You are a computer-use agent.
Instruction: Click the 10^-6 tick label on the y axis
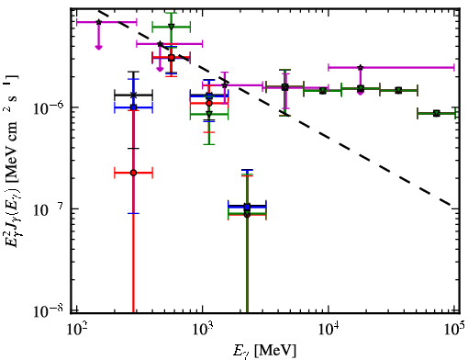pyautogui.click(x=48, y=107)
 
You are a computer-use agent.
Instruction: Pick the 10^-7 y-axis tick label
pyautogui.click(x=48, y=209)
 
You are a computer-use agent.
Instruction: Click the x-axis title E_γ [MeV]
pyautogui.click(x=265, y=351)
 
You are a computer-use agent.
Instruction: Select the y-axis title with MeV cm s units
pyautogui.click(x=12, y=163)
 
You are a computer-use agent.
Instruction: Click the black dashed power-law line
pyautogui.click(x=274, y=107)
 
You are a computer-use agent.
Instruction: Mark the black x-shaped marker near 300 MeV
pyautogui.click(x=133, y=96)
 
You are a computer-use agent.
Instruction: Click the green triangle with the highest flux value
pyautogui.click(x=172, y=27)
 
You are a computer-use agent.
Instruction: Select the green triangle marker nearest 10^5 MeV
pyautogui.click(x=437, y=114)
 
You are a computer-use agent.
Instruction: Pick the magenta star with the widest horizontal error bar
pyautogui.click(x=361, y=67)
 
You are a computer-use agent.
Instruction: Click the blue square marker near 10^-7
pyautogui.click(x=247, y=207)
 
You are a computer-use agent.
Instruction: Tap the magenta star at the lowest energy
pyautogui.click(x=98, y=22)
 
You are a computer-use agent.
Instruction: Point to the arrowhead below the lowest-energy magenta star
pyautogui.click(x=98, y=47)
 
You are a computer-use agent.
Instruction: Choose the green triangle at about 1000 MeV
pyautogui.click(x=209, y=114)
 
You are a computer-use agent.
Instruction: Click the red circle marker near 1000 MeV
pyautogui.click(x=209, y=104)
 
